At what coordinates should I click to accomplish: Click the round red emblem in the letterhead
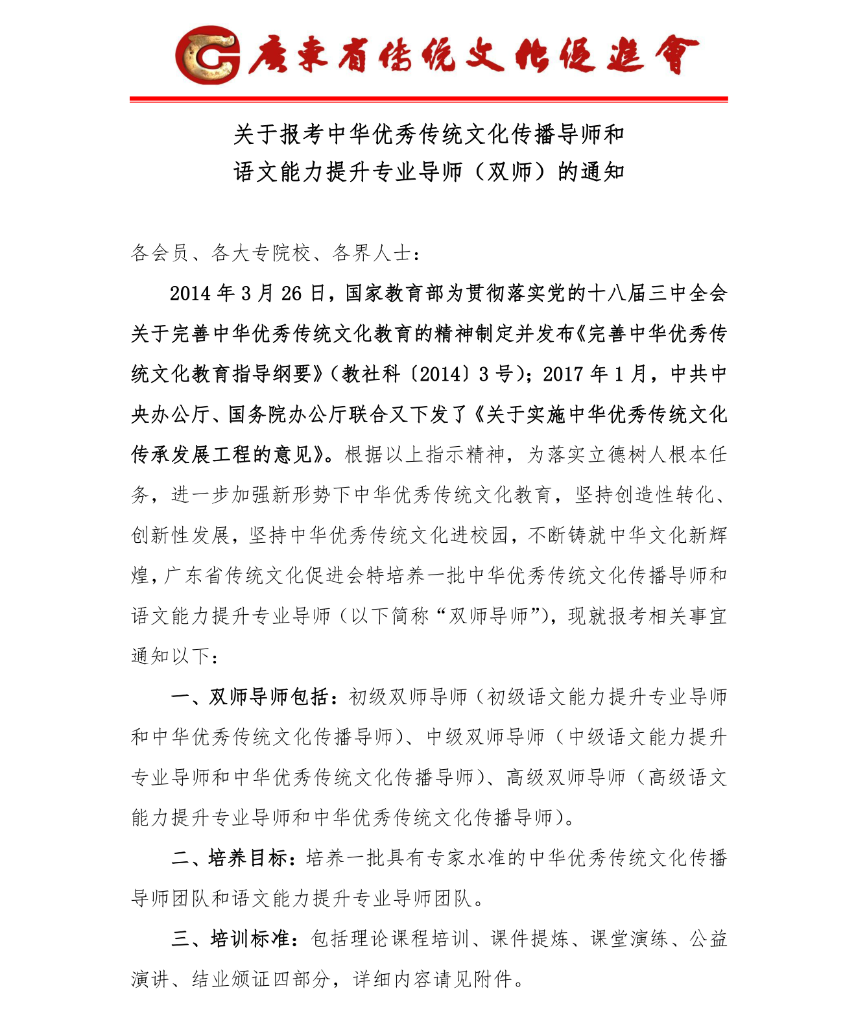pyautogui.click(x=206, y=55)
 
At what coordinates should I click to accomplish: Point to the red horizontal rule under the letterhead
pyautogui.click(x=428, y=99)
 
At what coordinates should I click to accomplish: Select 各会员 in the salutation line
pyautogui.click(x=160, y=253)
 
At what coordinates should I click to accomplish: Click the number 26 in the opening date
pyautogui.click(x=291, y=294)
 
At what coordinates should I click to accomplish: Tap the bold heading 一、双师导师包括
pyautogui.click(x=250, y=697)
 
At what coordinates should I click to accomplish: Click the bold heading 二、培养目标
pyautogui.click(x=230, y=858)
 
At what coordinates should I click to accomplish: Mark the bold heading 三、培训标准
pyautogui.click(x=230, y=938)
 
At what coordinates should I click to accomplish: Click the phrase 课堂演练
pyautogui.click(x=628, y=938)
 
